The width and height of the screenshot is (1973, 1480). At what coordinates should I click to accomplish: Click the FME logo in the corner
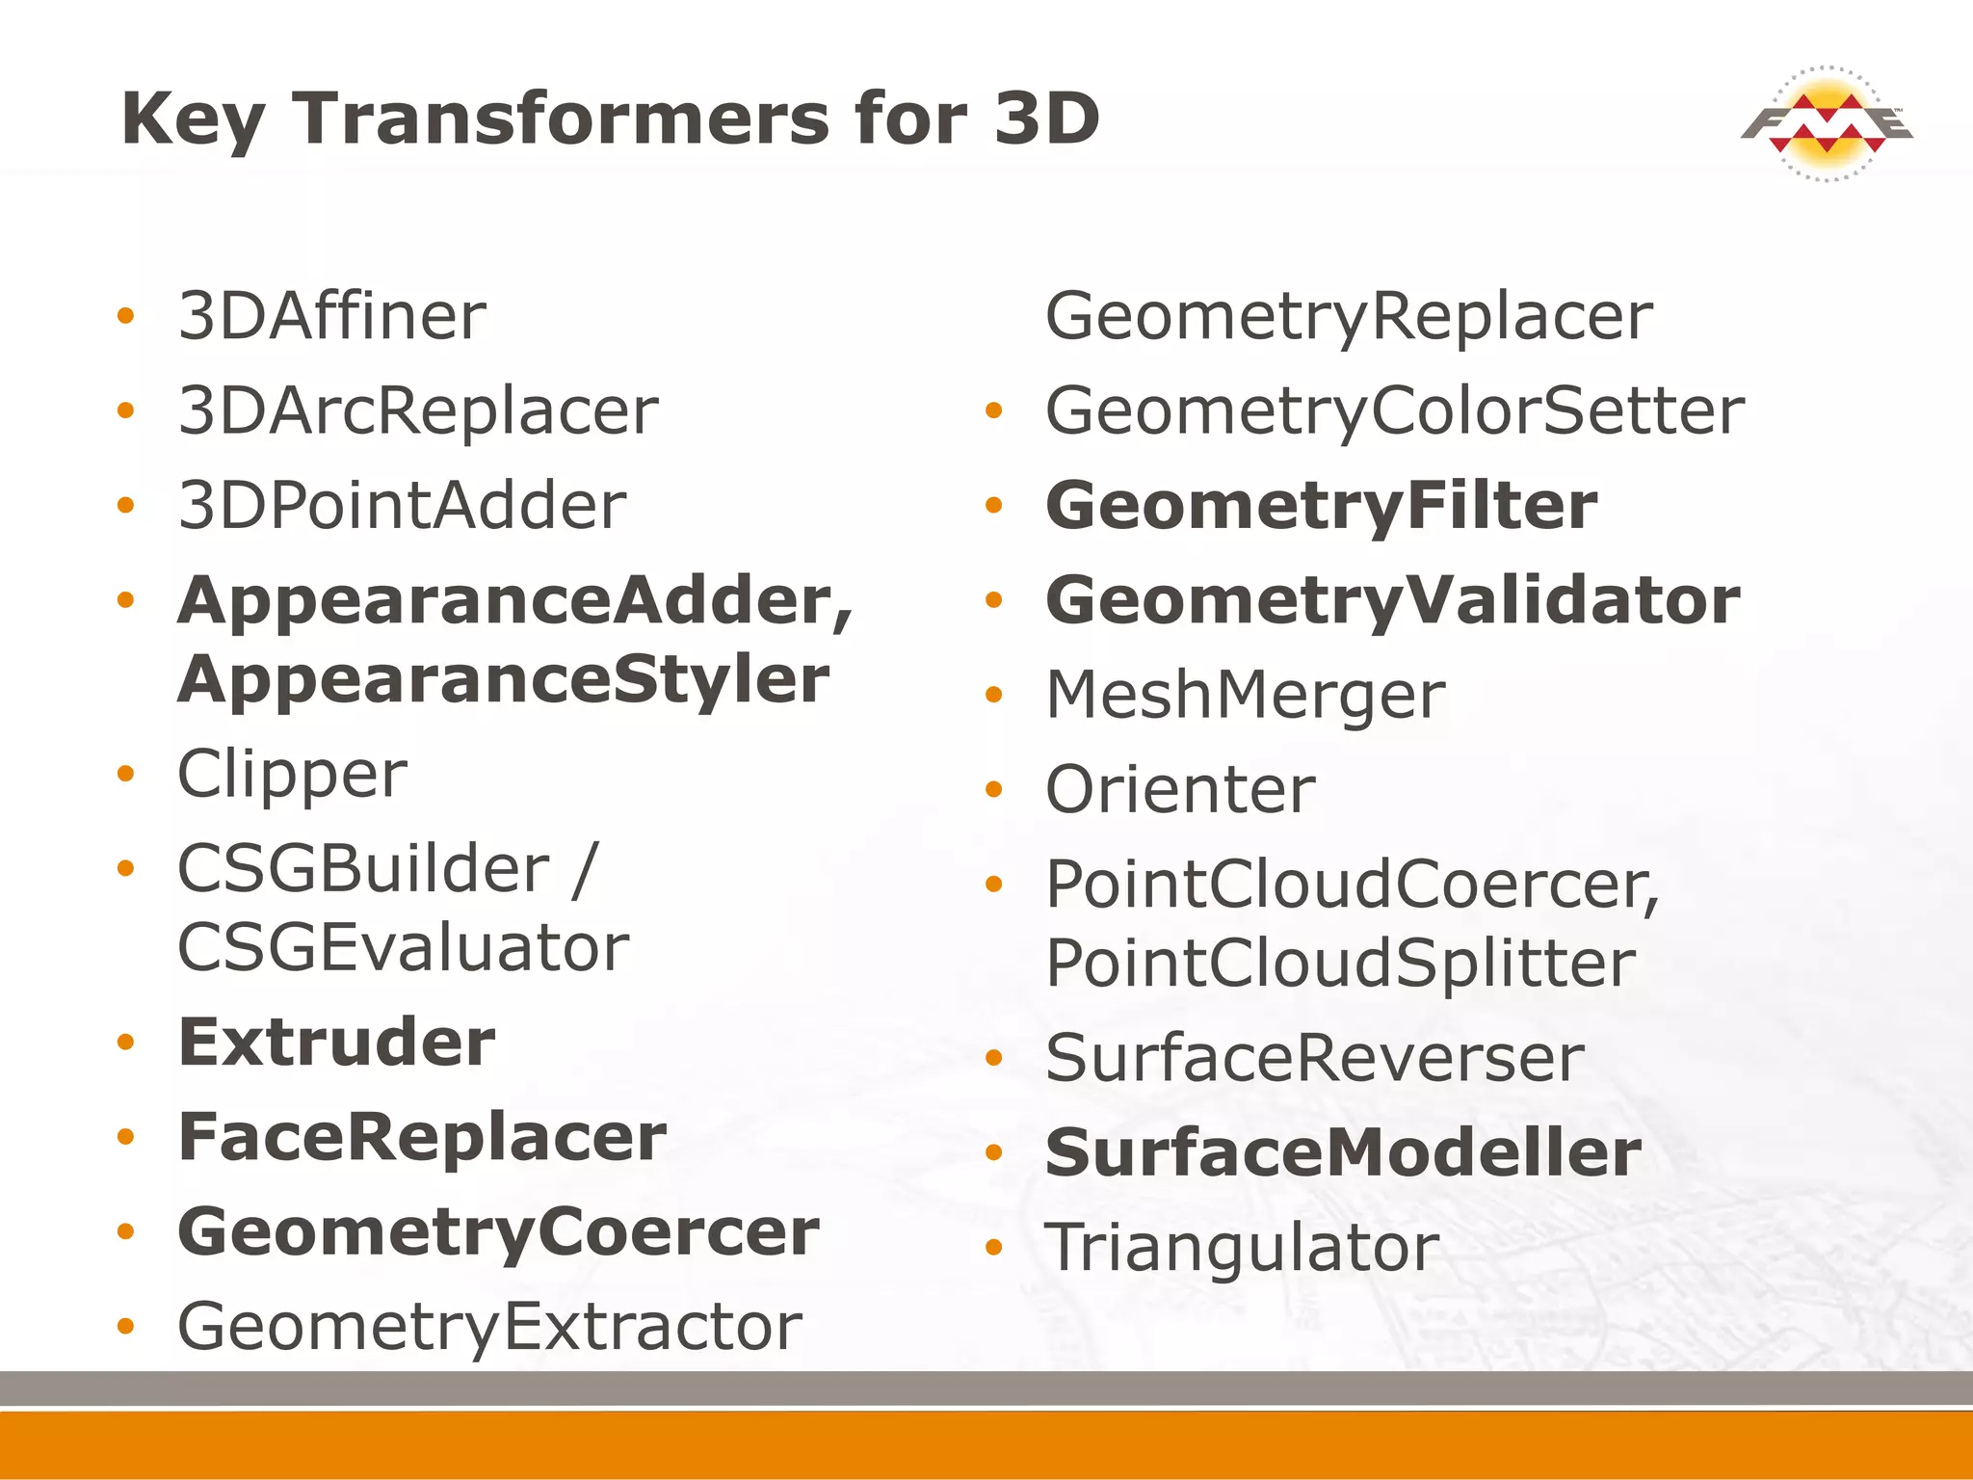1827,123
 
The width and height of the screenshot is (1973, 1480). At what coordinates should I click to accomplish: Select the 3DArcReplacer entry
418,411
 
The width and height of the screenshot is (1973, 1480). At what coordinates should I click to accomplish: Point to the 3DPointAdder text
403,506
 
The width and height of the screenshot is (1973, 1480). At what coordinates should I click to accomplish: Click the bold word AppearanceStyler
503,679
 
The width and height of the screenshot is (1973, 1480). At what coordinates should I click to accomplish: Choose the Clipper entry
292,774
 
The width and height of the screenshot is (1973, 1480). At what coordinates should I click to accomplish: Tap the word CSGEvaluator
403,947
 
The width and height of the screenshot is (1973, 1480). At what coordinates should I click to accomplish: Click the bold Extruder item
336,1042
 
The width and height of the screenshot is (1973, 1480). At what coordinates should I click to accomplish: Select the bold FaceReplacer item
422,1137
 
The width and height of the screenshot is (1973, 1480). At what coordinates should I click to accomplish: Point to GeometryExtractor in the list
489,1327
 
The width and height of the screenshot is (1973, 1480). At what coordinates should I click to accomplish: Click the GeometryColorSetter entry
1395,411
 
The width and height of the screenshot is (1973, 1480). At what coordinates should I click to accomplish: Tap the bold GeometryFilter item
1321,506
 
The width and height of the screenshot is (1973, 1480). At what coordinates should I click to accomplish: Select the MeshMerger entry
1246,695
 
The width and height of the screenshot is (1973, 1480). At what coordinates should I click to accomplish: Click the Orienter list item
1180,790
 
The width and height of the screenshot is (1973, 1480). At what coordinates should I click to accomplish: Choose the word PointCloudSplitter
1340,963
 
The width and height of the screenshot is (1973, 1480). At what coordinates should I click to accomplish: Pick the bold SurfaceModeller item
1343,1152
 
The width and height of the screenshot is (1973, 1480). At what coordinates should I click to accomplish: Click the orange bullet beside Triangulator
994,1248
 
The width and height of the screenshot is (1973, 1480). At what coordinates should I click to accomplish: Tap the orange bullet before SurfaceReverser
994,1058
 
